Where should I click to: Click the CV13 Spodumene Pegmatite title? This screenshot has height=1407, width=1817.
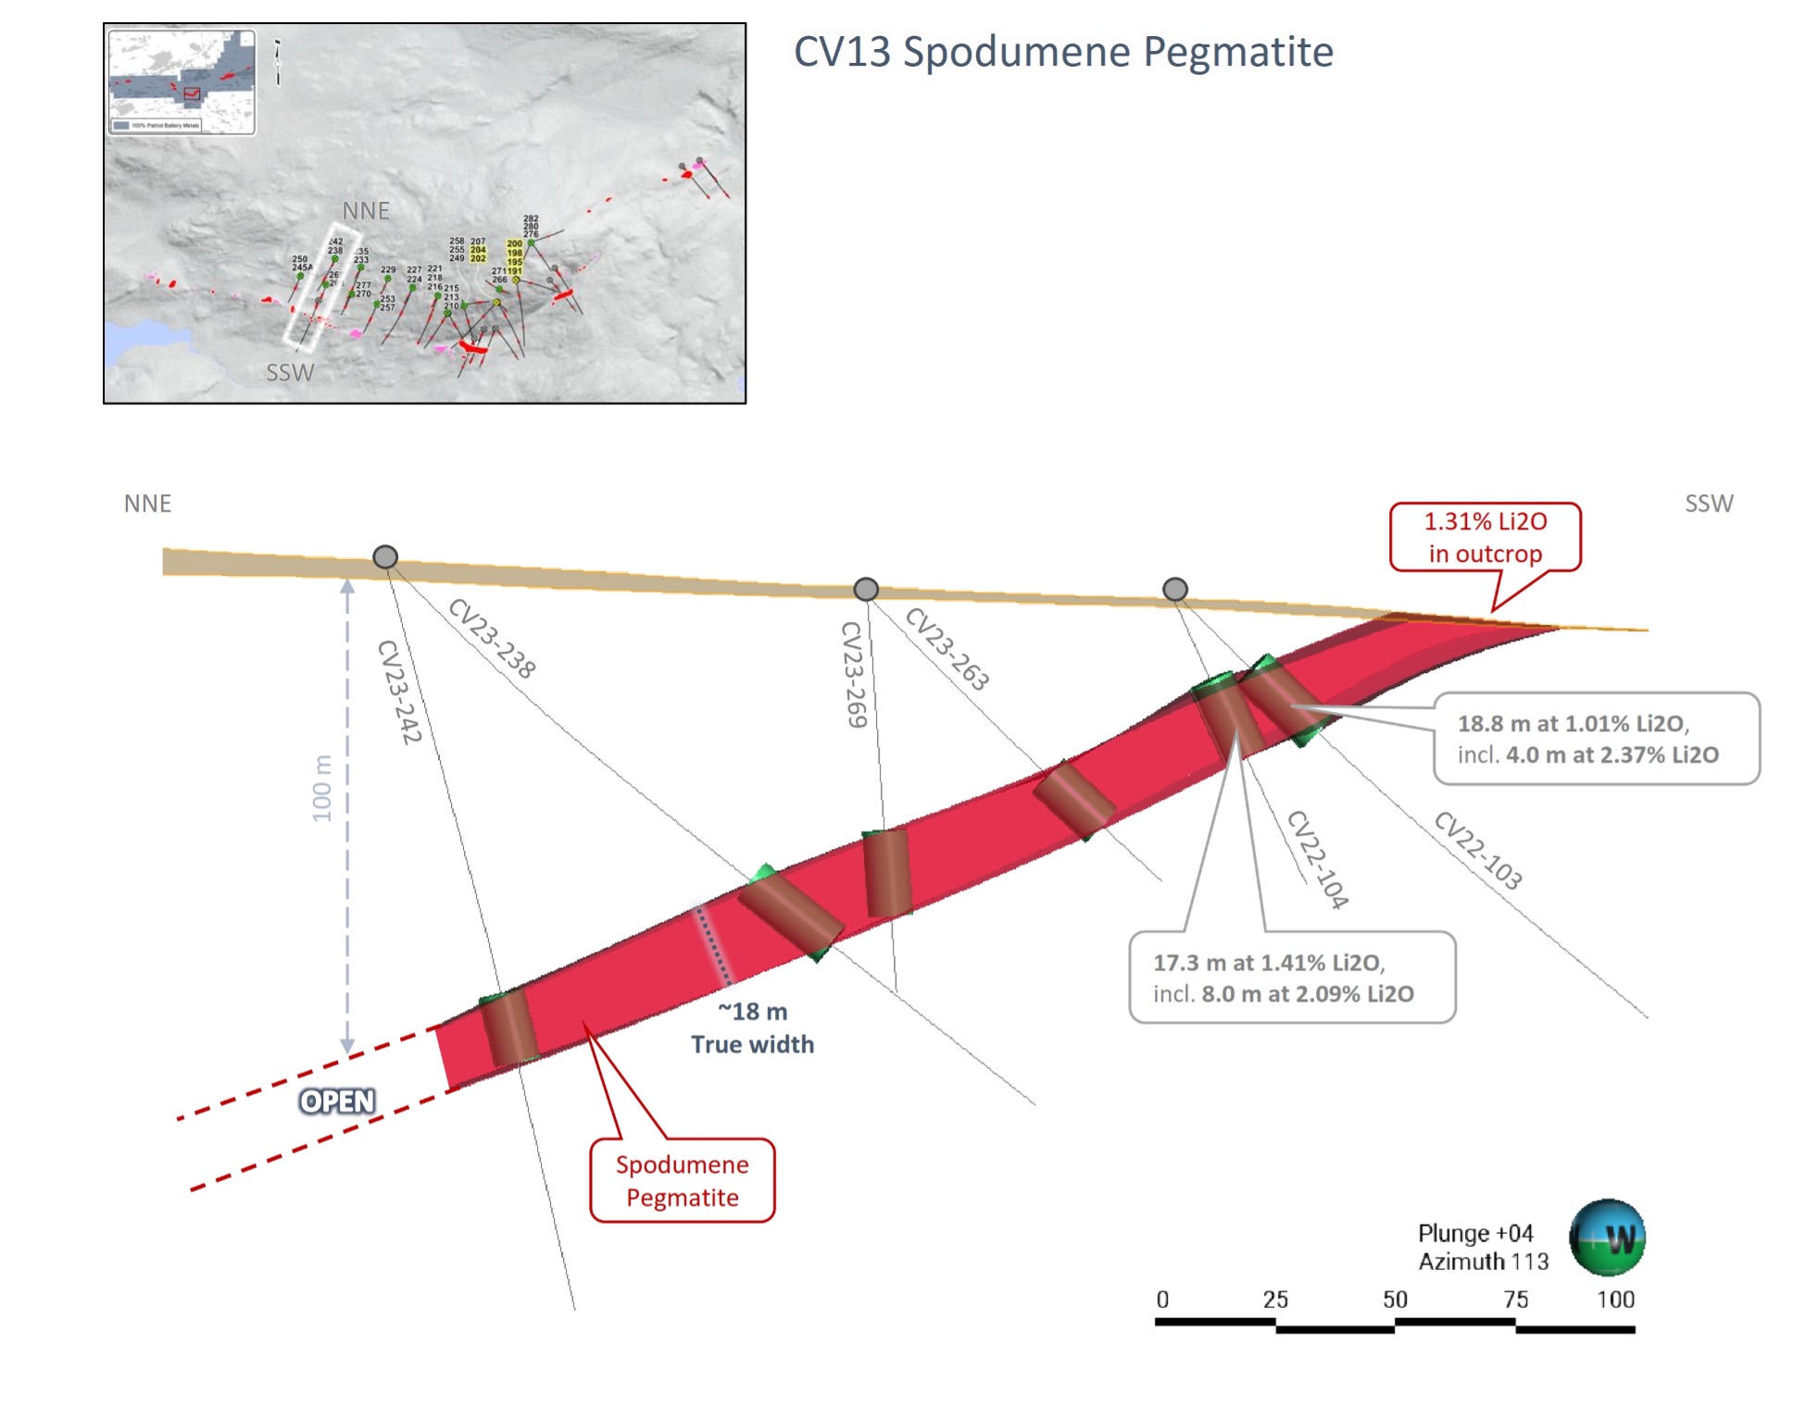1062,52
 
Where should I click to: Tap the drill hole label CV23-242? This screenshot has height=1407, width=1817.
400,691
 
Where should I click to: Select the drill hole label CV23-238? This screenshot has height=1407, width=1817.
492,639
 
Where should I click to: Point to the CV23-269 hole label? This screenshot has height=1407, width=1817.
854,674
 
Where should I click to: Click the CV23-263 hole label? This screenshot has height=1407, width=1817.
946,649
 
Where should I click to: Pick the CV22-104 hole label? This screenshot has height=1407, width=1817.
1317,859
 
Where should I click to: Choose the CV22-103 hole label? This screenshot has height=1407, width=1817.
1477,850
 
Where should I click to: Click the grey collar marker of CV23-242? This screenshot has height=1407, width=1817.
385,556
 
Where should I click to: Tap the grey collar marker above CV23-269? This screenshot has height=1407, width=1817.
866,589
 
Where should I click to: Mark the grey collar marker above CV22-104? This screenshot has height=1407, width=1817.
1175,589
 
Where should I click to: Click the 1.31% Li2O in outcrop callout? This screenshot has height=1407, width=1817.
1485,538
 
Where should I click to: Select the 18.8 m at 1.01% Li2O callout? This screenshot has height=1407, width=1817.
1596,739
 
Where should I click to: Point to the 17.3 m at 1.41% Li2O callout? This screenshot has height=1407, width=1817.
1291,977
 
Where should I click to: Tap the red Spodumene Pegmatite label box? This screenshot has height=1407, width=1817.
683,1180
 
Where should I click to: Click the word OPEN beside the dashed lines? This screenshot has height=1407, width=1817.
337,1101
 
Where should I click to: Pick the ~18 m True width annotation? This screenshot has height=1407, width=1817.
752,1027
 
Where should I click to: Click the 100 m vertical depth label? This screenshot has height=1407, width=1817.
321,789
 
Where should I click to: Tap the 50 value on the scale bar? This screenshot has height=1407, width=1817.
1395,1299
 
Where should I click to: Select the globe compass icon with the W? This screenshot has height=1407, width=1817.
1606,1238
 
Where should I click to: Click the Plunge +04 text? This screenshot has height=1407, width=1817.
1475,1233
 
